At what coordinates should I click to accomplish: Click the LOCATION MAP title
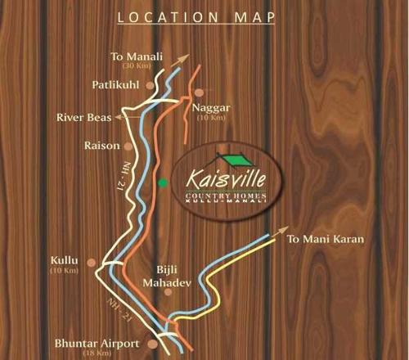204,16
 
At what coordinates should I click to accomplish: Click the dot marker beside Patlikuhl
149,84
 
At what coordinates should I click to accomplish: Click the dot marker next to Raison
128,146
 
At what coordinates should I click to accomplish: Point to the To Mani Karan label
325,239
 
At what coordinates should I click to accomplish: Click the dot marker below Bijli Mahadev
168,291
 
